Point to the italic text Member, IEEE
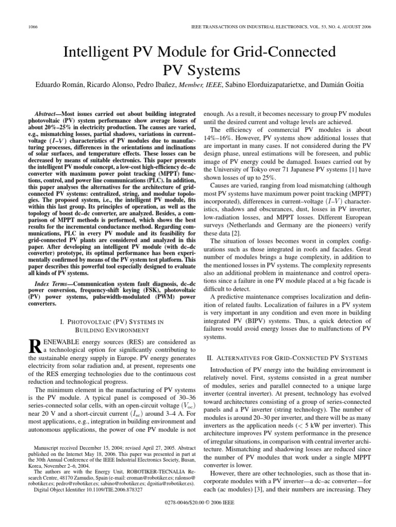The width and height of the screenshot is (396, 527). (x=199, y=84)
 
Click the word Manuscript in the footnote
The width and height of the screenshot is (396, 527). (x=46, y=449)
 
